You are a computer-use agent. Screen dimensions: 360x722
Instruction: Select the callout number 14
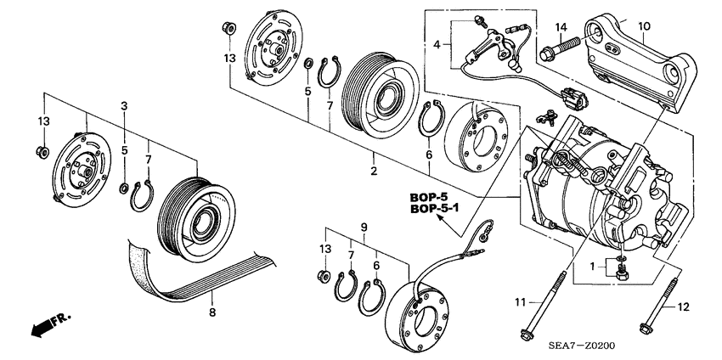561,27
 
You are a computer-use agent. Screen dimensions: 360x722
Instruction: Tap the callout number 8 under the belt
212,312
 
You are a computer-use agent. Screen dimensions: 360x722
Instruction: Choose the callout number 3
124,105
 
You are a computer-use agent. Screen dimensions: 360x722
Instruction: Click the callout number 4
437,43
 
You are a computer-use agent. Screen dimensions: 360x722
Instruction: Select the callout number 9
364,227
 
